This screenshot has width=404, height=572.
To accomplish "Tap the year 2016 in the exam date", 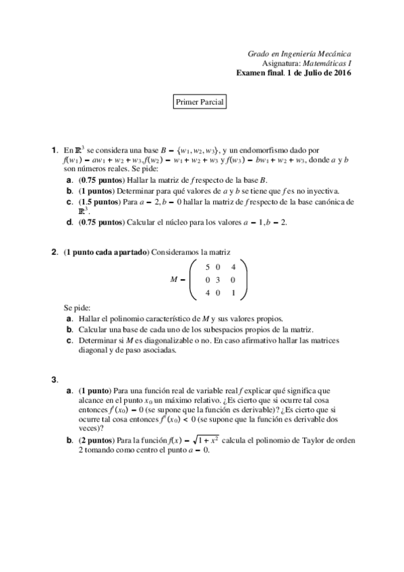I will (339, 73).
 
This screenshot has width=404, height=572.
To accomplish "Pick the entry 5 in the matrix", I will (206, 267).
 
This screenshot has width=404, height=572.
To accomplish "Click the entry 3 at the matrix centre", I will (219, 279).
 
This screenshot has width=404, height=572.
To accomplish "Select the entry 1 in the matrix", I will (233, 292).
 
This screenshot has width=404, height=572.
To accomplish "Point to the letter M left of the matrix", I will (172, 279).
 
